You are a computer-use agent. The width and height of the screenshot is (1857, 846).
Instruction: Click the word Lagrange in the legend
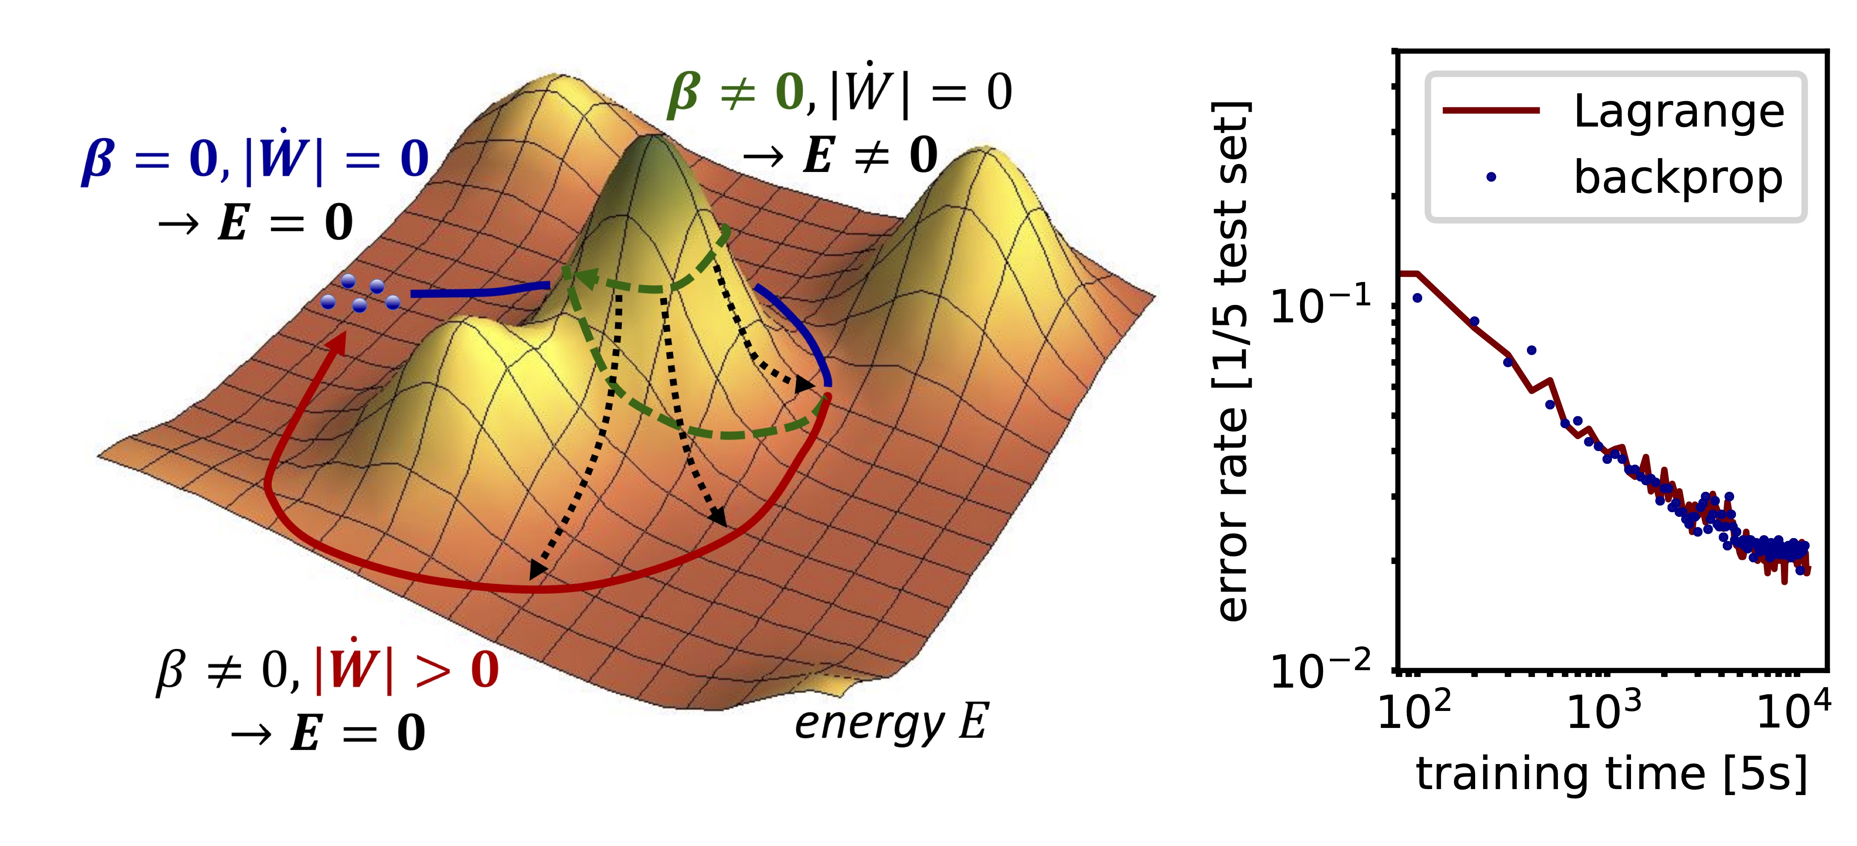point(1678,112)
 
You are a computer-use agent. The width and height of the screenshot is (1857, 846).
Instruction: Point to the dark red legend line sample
point(1491,110)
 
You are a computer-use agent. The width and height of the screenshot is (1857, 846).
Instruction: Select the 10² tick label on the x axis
point(1414,712)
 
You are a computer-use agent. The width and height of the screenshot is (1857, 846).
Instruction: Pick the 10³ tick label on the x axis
point(1604,712)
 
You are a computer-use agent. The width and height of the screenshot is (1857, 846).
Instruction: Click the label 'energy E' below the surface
point(891,723)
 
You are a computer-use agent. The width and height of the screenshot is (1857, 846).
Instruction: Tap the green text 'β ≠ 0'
point(735,92)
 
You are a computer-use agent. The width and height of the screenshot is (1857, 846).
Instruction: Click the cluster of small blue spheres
point(361,293)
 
